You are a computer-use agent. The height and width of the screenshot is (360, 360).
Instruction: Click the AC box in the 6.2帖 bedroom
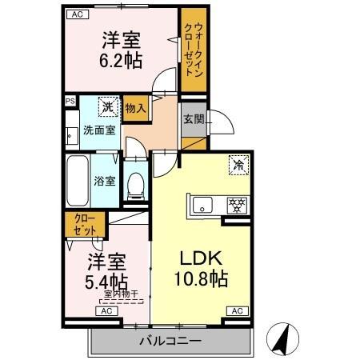pyautogui.click(x=78, y=14)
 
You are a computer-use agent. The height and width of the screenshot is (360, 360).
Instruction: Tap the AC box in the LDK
pyautogui.click(x=238, y=311)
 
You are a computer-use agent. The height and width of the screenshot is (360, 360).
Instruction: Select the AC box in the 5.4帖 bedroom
pyautogui.click(x=106, y=311)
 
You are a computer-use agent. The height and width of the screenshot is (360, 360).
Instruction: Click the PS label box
pyautogui.click(x=70, y=101)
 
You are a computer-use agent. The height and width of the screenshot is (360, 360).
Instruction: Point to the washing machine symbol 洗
pyautogui.click(x=108, y=106)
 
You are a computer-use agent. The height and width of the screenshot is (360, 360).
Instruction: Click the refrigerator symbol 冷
pyautogui.click(x=238, y=165)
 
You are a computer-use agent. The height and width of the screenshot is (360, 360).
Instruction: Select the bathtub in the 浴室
pyautogui.click(x=78, y=181)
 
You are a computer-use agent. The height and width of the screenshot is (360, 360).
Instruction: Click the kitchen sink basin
pyautogui.click(x=202, y=205)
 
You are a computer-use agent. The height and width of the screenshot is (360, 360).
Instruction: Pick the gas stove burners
pyautogui.click(x=237, y=205)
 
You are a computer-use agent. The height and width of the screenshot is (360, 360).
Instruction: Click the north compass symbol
pyautogui.click(x=282, y=339)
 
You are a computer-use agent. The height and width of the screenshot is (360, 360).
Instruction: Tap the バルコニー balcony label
pyautogui.click(x=170, y=341)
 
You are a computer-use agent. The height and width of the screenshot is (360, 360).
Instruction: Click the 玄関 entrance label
pyautogui.click(x=194, y=119)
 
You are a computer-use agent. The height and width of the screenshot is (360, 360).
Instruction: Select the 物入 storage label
pyautogui.click(x=136, y=109)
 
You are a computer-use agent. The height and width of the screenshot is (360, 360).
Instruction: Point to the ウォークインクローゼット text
pyautogui.click(x=194, y=50)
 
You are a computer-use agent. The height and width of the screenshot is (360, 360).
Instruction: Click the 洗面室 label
pyautogui.click(x=99, y=130)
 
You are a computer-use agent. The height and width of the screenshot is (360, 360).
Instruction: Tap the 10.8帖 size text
pyautogui.click(x=201, y=278)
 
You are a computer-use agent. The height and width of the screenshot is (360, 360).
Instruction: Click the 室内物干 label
pyautogui.click(x=121, y=294)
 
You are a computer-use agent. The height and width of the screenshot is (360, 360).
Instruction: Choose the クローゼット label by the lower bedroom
pyautogui.click(x=85, y=225)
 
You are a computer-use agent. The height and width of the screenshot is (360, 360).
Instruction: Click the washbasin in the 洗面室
pyautogui.click(x=71, y=136)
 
